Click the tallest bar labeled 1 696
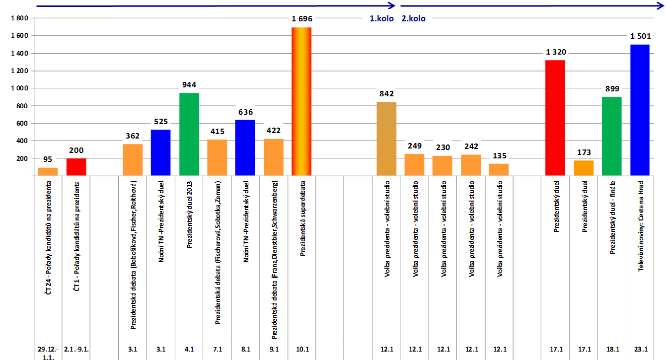tap(301, 101)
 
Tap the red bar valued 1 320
tap(555, 118)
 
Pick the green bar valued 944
tap(189, 134)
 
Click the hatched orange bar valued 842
tap(386, 139)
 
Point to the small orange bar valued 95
tap(48, 171)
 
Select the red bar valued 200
tap(76, 167)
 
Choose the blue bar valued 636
tap(245, 147)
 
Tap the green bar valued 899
tap(611, 136)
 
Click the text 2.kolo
tap(413, 19)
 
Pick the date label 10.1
tap(301, 350)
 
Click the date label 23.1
tap(640, 350)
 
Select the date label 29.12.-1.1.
tap(48, 353)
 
